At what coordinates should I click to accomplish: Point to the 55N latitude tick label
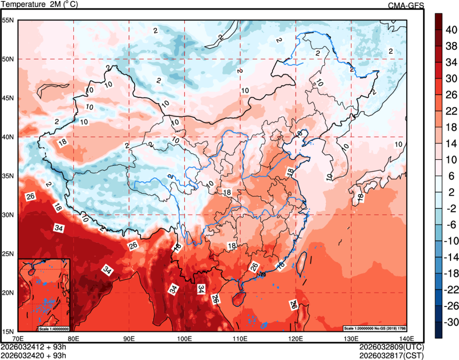click(8, 20)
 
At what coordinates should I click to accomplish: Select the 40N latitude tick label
click(8, 137)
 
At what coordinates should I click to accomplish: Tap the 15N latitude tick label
click(8, 332)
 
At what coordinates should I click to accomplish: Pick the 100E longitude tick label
click(184, 339)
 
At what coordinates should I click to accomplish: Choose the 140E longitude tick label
click(406, 339)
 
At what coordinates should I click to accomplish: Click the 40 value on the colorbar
click(450, 31)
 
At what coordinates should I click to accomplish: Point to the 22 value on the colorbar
click(450, 111)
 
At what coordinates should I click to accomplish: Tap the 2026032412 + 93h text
click(34, 347)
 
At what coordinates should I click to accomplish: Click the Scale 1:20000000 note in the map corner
click(375, 328)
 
